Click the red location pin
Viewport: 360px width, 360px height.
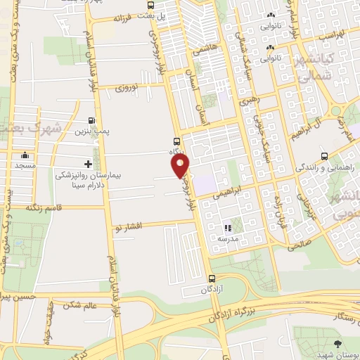(181, 166)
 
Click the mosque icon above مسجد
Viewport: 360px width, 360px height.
(25, 155)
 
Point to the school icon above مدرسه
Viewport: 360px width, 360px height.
(227, 228)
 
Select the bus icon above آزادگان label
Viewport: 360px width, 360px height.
(212, 278)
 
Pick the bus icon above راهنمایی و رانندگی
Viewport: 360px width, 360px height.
(323, 156)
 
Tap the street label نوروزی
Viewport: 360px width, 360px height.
(129, 88)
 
